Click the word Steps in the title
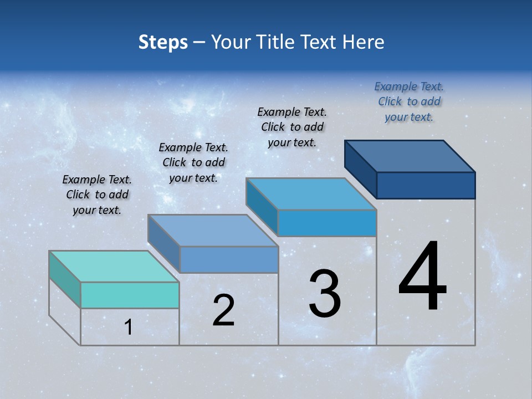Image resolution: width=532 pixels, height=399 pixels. click(x=163, y=42)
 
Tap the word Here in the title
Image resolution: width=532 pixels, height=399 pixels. click(x=364, y=42)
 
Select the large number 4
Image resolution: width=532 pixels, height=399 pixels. click(x=422, y=277)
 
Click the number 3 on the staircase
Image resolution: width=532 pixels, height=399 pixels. click(x=325, y=294)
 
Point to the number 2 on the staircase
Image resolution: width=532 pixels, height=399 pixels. click(x=223, y=311)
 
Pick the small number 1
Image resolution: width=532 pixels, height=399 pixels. click(x=129, y=328)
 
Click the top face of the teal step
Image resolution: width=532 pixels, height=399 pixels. click(x=114, y=267)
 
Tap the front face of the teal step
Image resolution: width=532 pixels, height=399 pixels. click(x=130, y=295)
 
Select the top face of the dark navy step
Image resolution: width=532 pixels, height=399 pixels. click(x=410, y=156)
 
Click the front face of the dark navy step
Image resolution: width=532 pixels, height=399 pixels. click(x=426, y=185)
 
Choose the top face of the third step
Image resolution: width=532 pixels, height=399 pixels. click(x=311, y=194)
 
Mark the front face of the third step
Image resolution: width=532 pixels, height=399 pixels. click(x=327, y=223)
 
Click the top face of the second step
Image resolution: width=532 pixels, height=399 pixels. click(x=212, y=231)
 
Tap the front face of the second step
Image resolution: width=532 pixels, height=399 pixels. click(x=229, y=259)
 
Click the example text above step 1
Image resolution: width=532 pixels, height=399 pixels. click(x=97, y=195)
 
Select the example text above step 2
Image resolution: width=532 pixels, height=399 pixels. click(x=193, y=162)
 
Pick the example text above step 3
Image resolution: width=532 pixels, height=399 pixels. click(x=292, y=127)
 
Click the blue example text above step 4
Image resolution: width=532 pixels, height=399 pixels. click(x=409, y=101)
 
